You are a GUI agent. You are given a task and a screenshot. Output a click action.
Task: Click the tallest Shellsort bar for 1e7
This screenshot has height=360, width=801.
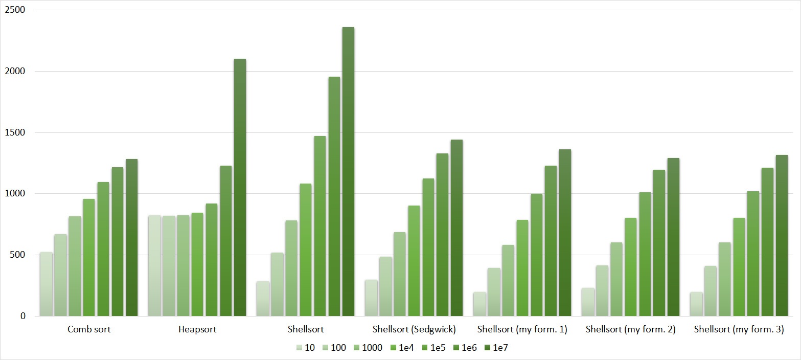(x=348, y=171)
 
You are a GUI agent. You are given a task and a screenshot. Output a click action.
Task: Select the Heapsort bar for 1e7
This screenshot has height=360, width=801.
(x=240, y=187)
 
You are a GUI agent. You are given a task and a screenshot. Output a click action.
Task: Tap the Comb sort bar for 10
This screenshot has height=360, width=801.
(x=46, y=284)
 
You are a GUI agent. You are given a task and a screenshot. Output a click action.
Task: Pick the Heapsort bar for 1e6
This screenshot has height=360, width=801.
(x=225, y=240)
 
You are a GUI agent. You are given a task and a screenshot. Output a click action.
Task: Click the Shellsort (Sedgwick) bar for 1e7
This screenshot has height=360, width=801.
(x=456, y=228)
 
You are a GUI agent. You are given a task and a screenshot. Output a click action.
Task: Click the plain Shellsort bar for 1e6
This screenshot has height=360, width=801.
(x=334, y=196)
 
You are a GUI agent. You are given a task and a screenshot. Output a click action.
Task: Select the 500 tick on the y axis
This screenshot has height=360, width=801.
(x=18, y=255)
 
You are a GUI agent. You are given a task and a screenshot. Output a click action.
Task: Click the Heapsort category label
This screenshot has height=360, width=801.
(x=197, y=330)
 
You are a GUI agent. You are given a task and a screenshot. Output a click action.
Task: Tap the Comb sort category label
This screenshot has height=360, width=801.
(x=89, y=330)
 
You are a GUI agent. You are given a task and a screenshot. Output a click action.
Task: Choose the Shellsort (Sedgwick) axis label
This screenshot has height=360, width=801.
(x=414, y=330)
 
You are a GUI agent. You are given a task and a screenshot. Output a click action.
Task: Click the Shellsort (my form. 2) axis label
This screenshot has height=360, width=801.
(x=631, y=330)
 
